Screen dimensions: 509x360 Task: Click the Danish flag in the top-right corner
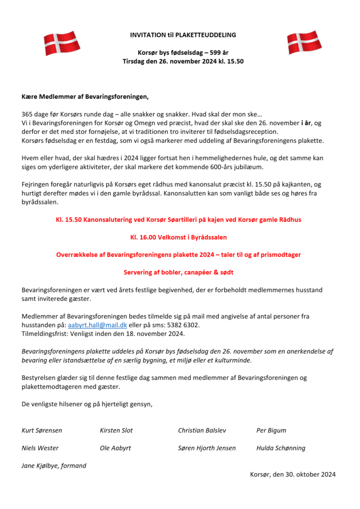(x=304, y=43)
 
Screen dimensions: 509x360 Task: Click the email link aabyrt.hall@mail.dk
(x=97, y=325)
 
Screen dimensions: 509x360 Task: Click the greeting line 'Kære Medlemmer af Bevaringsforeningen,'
(x=85, y=96)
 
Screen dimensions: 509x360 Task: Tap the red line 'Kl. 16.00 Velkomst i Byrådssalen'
(x=180, y=238)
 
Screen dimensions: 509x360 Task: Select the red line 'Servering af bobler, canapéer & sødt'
(x=180, y=272)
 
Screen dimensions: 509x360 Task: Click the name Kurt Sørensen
(x=42, y=430)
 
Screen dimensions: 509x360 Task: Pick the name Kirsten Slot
(x=116, y=430)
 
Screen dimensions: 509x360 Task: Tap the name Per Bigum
(x=271, y=430)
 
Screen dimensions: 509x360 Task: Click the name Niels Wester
(x=40, y=448)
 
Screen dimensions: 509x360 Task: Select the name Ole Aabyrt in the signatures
(x=115, y=448)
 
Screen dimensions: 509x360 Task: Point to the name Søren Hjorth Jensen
(x=207, y=448)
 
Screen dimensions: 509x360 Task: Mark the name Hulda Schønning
(x=281, y=448)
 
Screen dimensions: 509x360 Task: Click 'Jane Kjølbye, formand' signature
(x=54, y=466)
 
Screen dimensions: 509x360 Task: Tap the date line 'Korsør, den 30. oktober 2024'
(x=292, y=475)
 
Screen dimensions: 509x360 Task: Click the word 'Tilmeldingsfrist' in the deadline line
(x=44, y=334)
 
